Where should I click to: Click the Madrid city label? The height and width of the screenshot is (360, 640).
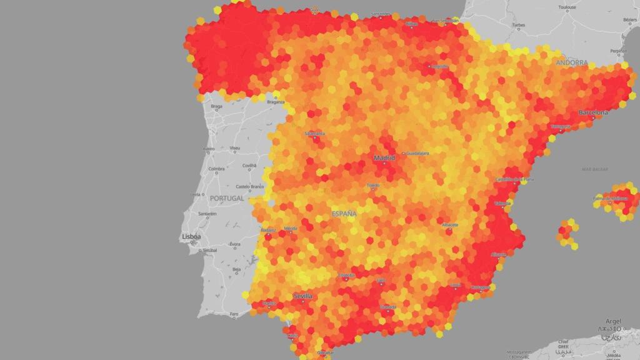coord(384,158)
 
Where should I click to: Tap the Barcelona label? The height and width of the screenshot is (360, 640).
coord(592,112)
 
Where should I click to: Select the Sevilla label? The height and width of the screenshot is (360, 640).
coord(302,296)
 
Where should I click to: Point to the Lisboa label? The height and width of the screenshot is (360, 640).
coord(191,237)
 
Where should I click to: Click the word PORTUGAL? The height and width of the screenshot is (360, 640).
coord(226,198)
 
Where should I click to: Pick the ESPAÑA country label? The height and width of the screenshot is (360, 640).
coord(344,214)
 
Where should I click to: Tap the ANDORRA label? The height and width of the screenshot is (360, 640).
coord(571,62)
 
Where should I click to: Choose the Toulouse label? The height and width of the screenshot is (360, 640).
coord(567,7)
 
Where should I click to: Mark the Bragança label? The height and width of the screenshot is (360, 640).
coord(276,101)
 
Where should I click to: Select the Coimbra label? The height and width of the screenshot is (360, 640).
coord(216,168)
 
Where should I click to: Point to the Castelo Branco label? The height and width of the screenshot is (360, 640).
coord(250,186)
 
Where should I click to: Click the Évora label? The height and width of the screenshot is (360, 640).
coord(235,244)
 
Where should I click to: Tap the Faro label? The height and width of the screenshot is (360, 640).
coord(234,314)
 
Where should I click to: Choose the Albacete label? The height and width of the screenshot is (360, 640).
coord(450,224)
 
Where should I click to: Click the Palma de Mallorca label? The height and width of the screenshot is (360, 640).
coord(610,199)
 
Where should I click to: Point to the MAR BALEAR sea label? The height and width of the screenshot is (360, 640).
coord(595,169)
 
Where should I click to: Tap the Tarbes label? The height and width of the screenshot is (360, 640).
coord(518,26)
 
